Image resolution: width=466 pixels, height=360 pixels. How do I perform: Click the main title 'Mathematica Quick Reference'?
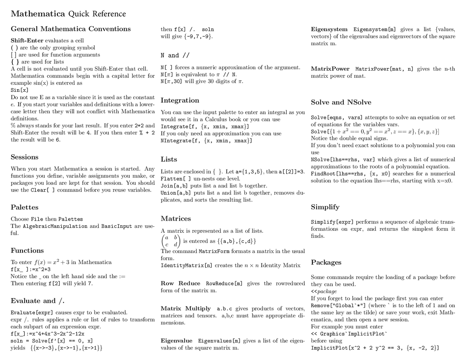68,14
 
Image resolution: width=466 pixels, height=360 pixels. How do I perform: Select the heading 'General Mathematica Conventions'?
71,29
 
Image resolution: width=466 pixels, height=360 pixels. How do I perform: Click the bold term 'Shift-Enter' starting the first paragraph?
27,40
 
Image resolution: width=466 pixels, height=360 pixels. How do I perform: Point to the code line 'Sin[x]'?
19,90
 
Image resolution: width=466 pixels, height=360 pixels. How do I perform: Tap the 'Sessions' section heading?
24,157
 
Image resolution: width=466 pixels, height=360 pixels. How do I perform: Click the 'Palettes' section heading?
24,207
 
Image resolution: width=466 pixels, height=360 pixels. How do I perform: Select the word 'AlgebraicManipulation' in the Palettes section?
55,226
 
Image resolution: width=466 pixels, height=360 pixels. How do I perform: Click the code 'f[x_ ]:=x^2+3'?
31,269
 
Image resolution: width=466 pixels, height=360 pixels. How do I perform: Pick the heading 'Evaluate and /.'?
37,301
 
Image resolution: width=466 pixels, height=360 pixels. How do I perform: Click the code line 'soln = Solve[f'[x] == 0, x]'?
52,341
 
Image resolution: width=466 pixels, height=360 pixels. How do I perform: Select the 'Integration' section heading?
180,100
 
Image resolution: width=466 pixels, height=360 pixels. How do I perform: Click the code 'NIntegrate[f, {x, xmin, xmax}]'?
206,141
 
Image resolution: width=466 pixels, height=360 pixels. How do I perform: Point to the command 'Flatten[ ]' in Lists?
175,178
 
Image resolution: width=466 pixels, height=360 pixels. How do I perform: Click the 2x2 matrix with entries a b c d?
170,241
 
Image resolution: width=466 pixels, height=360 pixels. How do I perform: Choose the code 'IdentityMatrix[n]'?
186,265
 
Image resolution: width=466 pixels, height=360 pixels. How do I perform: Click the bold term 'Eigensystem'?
329,29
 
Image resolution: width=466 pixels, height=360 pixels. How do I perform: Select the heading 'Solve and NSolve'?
341,102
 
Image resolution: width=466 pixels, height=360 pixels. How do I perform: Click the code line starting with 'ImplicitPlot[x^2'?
375,348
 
